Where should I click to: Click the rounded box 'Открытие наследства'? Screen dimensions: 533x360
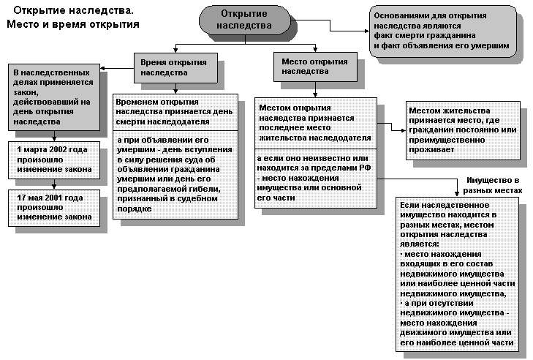click(245, 20)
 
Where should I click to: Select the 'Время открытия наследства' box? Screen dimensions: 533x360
click(175, 68)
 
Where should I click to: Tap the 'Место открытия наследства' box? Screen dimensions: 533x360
click(315, 67)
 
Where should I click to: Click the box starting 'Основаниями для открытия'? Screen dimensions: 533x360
click(443, 31)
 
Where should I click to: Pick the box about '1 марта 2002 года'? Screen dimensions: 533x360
click(54, 160)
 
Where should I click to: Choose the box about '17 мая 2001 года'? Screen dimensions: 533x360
click(54, 208)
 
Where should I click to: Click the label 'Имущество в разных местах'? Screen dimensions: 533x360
click(493, 185)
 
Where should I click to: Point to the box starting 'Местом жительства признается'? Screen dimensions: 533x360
click(463, 130)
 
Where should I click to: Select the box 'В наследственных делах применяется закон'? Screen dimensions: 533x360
click(54, 97)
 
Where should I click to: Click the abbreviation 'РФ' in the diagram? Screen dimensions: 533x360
click(365, 168)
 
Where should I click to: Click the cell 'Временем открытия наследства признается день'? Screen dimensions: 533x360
click(175, 112)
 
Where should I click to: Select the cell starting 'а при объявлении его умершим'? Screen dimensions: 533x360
click(175, 175)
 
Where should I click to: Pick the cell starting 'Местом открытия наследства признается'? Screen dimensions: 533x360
click(316, 123)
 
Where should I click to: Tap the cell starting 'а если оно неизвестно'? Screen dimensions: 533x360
click(316, 179)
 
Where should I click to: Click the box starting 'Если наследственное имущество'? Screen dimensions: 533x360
click(457, 274)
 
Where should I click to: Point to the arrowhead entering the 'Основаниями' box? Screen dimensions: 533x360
click(367, 31)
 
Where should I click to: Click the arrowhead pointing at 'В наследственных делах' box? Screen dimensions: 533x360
click(102, 68)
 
